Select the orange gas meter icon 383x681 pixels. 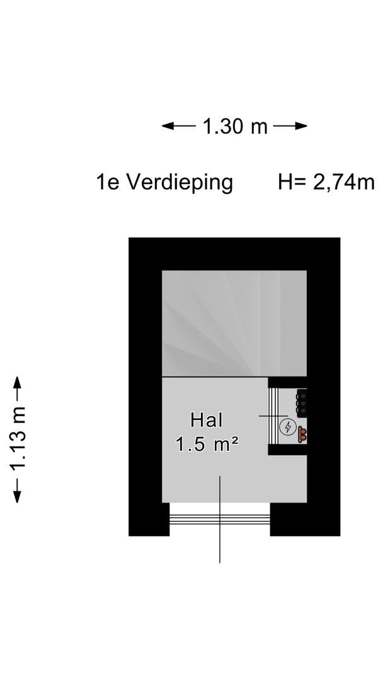(303, 433)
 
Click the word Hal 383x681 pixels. (207, 421)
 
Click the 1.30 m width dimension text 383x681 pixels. (235, 127)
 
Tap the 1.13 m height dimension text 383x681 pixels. (18, 439)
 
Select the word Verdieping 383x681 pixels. (180, 183)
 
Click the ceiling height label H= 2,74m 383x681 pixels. (326, 183)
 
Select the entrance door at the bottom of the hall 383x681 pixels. (220, 519)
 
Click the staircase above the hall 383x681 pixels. (234, 323)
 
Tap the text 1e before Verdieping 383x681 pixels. (107, 183)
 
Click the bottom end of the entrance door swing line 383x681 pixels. (220, 561)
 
